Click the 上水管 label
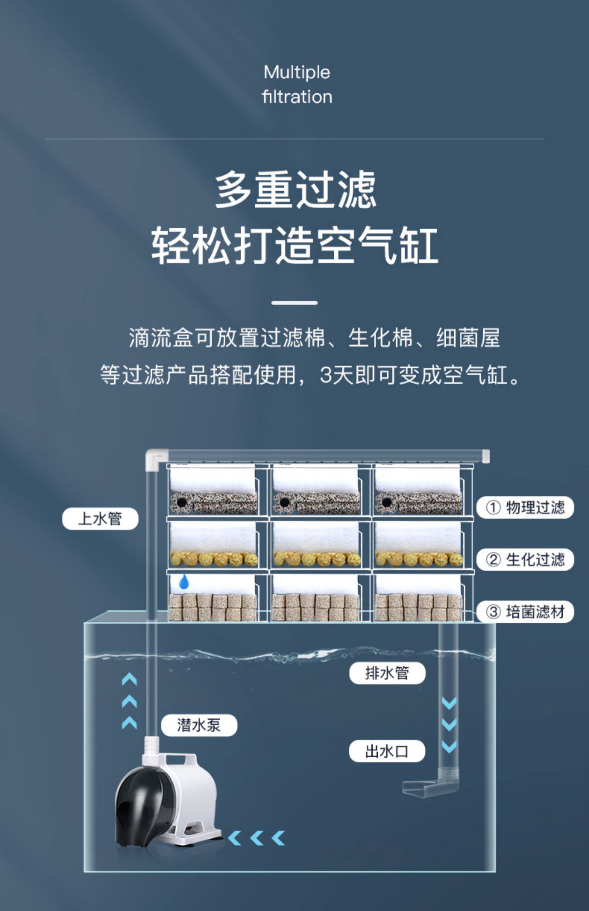pos(100,519)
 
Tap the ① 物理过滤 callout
pos(525,507)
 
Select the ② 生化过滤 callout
pos(525,559)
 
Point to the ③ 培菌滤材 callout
pos(525,612)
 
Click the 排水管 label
pos(387,673)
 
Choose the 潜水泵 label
pos(199,725)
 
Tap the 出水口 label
pos(387,751)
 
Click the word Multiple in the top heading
pos(297,72)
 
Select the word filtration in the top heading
pos(297,97)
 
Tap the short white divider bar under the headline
pos(294,303)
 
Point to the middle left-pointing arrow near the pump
pos(256,838)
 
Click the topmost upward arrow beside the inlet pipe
pos(129,679)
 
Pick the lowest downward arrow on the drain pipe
pos(449,747)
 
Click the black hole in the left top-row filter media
pos(181,503)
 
